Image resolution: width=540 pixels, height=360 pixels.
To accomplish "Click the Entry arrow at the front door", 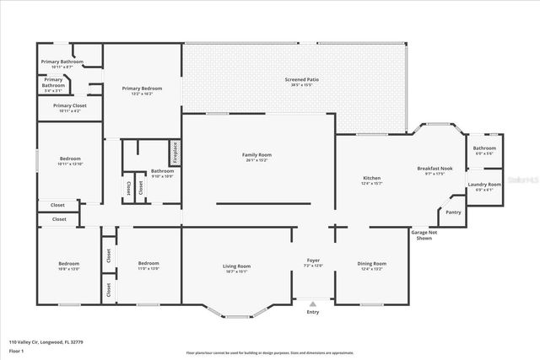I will (x=313, y=304).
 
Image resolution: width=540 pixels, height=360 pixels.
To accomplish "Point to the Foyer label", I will (x=313, y=261).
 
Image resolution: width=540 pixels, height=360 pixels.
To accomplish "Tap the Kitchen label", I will (x=372, y=179).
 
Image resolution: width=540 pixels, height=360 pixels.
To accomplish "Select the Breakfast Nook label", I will (x=435, y=169).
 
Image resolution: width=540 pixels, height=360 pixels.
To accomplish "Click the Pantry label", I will (x=453, y=212).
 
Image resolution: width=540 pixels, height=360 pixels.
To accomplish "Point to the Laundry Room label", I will (x=484, y=184).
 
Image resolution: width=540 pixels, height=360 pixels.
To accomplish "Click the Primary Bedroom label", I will (x=142, y=88).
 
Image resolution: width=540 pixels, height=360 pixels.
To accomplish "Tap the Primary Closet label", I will (x=70, y=105).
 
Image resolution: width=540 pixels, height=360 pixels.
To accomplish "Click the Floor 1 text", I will (x=16, y=350).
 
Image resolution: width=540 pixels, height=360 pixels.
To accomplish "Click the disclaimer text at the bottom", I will (x=269, y=353).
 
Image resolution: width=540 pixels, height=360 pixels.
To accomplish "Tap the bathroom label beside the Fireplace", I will (x=162, y=171).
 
